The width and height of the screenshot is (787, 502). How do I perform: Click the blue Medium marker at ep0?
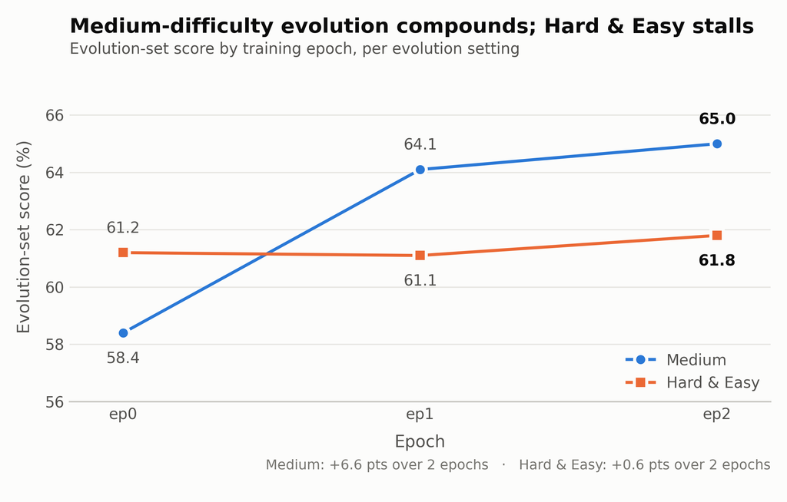pyautogui.click(x=123, y=333)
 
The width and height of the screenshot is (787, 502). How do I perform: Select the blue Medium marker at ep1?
pyautogui.click(x=420, y=170)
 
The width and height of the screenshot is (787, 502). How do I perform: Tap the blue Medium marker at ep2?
pyautogui.click(x=717, y=144)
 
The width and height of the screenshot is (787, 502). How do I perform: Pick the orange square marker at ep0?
pyautogui.click(x=123, y=253)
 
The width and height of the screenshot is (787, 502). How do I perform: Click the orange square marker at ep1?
pyautogui.click(x=420, y=256)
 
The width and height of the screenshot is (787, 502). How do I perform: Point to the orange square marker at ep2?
pyautogui.click(x=717, y=235)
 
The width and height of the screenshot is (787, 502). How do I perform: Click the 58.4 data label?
pyautogui.click(x=123, y=358)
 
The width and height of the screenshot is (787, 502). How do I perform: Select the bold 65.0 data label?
pyautogui.click(x=717, y=119)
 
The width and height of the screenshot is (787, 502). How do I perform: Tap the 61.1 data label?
pyautogui.click(x=420, y=280)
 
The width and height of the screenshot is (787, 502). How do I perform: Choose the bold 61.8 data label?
pyautogui.click(x=717, y=260)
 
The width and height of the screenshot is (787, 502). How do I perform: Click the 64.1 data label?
pyautogui.click(x=420, y=144)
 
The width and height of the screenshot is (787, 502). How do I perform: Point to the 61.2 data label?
pyautogui.click(x=123, y=228)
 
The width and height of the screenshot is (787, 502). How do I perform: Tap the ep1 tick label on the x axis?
pyautogui.click(x=420, y=414)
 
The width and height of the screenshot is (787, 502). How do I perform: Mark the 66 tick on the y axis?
pyautogui.click(x=55, y=115)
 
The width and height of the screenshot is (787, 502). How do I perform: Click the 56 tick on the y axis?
pyautogui.click(x=55, y=401)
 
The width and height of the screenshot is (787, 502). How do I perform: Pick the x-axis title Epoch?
pyautogui.click(x=420, y=442)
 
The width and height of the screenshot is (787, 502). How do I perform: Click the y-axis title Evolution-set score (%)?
pyautogui.click(x=24, y=236)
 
